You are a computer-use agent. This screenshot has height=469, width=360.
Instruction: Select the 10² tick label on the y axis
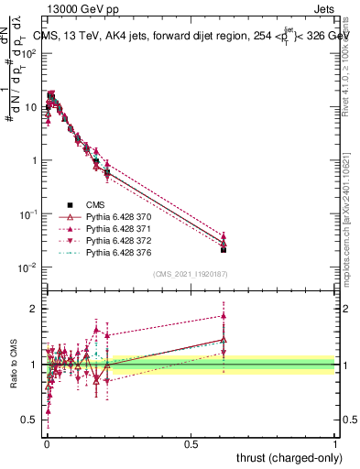tap(29, 53)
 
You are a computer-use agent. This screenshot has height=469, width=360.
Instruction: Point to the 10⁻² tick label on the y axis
tap(28, 267)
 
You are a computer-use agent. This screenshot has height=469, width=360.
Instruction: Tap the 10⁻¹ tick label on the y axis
tap(28, 214)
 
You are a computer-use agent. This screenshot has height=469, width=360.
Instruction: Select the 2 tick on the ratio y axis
tap(35, 309)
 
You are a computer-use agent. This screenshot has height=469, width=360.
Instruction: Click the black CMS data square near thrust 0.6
tap(224, 249)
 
